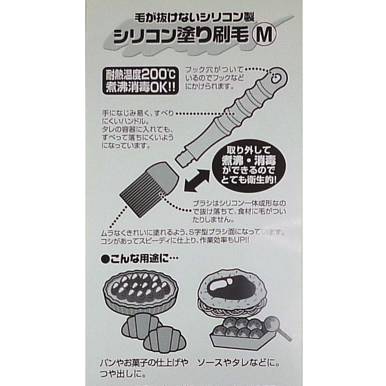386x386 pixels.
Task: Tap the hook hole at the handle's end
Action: coord(276,79)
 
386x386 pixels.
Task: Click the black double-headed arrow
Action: coord(197,180)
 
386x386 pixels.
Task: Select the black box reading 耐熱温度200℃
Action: coord(141,80)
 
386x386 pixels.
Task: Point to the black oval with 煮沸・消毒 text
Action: coord(249,165)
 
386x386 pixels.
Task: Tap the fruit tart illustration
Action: coord(141,291)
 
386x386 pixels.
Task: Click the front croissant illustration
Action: coord(164,341)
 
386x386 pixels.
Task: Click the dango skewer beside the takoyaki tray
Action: coord(277,327)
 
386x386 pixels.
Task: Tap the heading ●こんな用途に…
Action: coord(140,258)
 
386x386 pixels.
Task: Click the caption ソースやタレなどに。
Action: coord(238,363)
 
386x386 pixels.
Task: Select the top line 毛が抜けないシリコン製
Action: coord(194,17)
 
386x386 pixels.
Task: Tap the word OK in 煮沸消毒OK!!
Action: coord(159,87)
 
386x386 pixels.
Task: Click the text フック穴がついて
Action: coord(214,70)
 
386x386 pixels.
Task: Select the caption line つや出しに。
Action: coord(123,374)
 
